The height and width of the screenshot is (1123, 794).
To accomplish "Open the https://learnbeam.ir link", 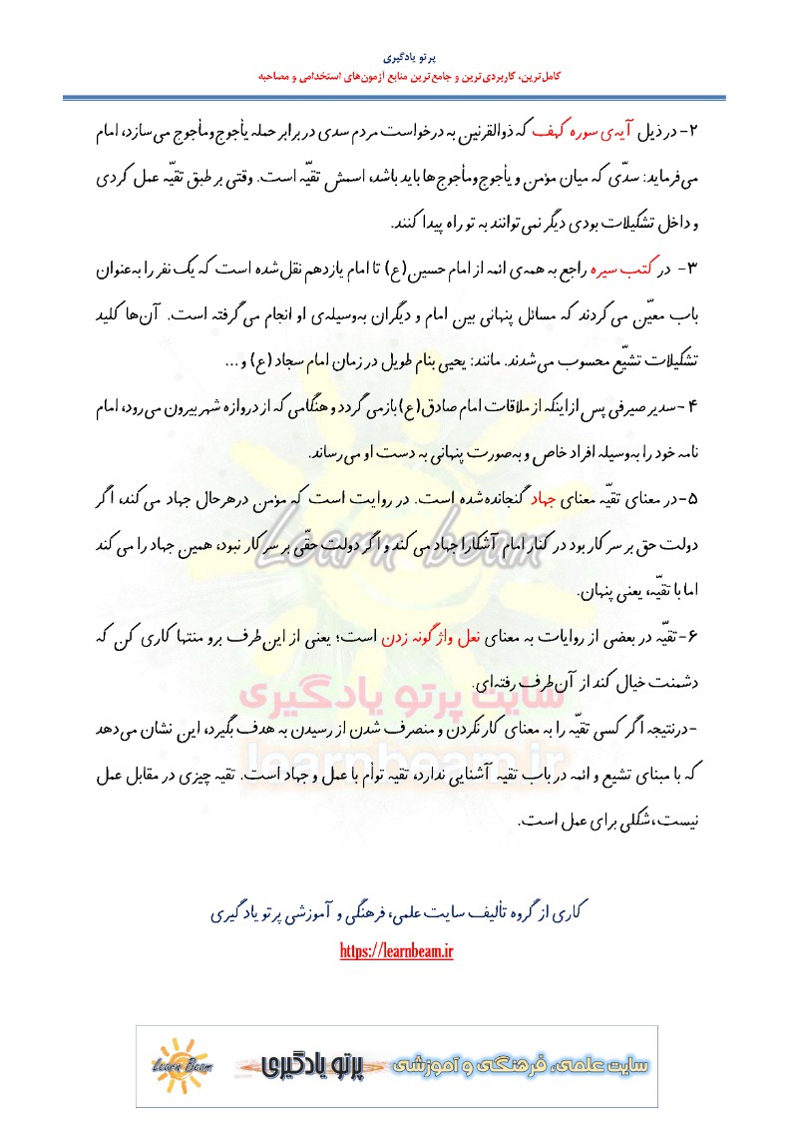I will point(397,951).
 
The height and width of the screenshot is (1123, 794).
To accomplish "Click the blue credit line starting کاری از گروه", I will point(397,912).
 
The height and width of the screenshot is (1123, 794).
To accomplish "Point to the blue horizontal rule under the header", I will point(396,97).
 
